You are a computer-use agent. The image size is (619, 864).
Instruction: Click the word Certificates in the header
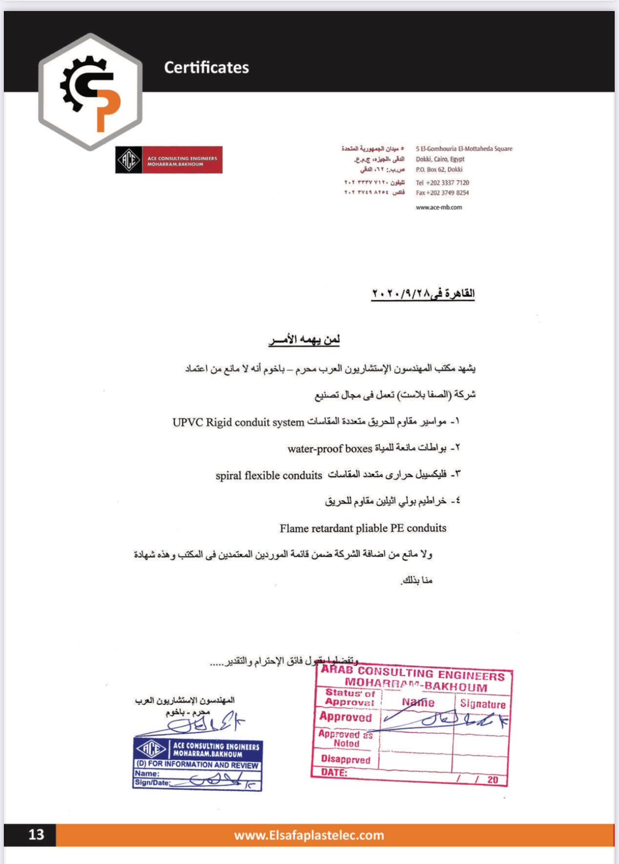(x=206, y=67)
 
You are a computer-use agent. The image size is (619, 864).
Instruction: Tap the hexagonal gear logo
(x=90, y=91)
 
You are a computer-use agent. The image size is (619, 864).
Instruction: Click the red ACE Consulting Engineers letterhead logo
(x=169, y=160)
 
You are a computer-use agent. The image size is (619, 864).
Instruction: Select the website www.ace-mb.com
(x=439, y=207)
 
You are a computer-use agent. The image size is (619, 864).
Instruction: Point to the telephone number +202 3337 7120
(x=442, y=183)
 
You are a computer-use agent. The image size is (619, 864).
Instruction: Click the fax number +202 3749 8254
(x=442, y=193)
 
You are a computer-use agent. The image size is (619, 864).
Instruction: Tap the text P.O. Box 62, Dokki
(x=439, y=170)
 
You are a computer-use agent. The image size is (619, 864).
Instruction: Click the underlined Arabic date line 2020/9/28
(x=422, y=294)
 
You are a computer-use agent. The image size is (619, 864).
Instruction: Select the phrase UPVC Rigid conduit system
(x=238, y=422)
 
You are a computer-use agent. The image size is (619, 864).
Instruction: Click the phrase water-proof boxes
(x=329, y=449)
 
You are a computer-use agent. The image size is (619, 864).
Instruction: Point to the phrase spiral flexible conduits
(x=268, y=476)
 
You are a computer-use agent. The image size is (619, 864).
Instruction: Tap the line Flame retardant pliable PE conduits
(x=363, y=528)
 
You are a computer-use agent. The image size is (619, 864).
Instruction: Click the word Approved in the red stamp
(x=346, y=717)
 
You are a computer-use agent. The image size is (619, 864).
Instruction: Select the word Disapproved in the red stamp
(x=346, y=759)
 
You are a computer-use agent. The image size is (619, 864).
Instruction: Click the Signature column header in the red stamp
(x=483, y=704)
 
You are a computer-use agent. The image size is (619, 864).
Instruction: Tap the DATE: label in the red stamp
(x=334, y=772)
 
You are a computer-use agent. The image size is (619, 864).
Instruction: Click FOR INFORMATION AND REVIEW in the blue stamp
(x=198, y=765)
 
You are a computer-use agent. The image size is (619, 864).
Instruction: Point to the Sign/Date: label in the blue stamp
(x=153, y=782)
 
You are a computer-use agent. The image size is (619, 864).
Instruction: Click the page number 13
(x=36, y=835)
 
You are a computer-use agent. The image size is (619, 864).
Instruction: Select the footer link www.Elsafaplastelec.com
(x=309, y=835)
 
